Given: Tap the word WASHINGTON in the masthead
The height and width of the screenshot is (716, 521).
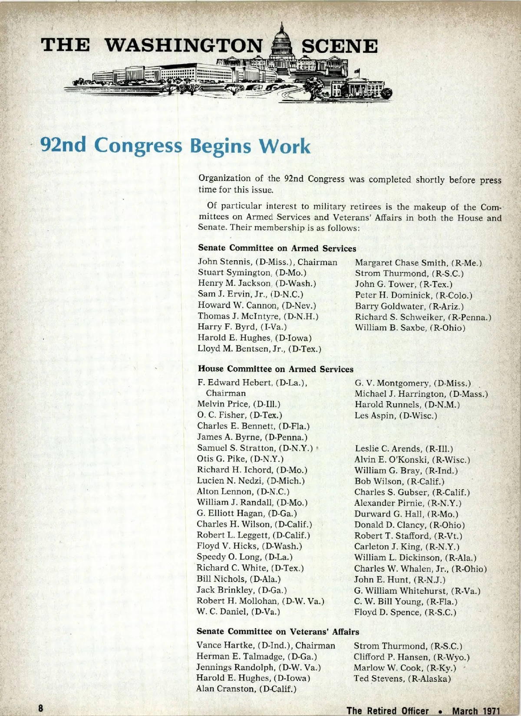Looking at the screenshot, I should pyautogui.click(x=184, y=46).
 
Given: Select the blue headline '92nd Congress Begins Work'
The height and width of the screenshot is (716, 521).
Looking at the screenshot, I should pyautogui.click(x=175, y=146).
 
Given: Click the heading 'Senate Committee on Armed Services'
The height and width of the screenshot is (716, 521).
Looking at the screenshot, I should pyautogui.click(x=277, y=248).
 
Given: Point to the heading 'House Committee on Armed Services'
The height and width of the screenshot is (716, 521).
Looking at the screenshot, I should pyautogui.click(x=276, y=369).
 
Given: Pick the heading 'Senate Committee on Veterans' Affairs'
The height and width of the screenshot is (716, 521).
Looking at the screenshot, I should pyautogui.click(x=278, y=631).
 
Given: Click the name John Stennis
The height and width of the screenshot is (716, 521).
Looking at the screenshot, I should pyautogui.click(x=224, y=262).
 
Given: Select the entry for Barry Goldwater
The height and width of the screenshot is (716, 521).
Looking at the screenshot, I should pyautogui.click(x=409, y=306).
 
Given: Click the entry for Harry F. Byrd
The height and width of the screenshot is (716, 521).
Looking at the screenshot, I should pyautogui.click(x=242, y=327).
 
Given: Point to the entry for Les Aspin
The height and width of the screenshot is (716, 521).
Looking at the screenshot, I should pyautogui.click(x=396, y=415).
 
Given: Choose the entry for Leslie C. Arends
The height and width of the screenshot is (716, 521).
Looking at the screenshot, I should pyautogui.click(x=403, y=449).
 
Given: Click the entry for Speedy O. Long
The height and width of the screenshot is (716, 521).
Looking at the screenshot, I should pyautogui.click(x=244, y=557).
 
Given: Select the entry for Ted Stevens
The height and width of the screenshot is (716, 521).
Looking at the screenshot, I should pyautogui.click(x=402, y=679).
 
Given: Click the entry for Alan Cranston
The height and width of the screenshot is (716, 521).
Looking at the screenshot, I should pyautogui.click(x=246, y=689).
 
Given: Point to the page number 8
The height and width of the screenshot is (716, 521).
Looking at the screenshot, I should pyautogui.click(x=40, y=708).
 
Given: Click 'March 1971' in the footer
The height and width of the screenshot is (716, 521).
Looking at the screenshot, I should pyautogui.click(x=476, y=711).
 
